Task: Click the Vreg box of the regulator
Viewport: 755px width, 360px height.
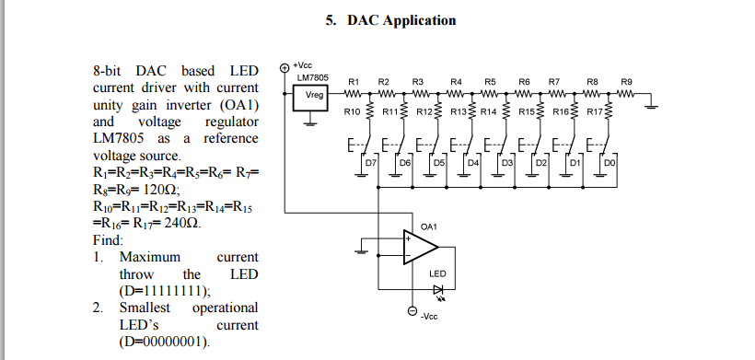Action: pyautogui.click(x=313, y=95)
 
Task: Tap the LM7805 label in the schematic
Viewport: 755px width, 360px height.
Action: pyautogui.click(x=313, y=77)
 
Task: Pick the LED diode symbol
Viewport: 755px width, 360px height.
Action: pyautogui.click(x=437, y=289)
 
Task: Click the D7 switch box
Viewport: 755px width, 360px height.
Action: pyautogui.click(x=371, y=163)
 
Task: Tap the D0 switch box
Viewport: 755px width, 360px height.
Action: pyautogui.click(x=609, y=163)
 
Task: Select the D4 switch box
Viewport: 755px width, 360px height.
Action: pyautogui.click(x=472, y=163)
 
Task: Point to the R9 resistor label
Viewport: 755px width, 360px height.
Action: pyautogui.click(x=627, y=82)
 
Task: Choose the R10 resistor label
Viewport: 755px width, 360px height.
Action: pyautogui.click(x=351, y=111)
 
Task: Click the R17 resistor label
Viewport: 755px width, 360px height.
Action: pyautogui.click(x=594, y=111)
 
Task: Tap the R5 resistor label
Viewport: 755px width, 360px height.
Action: pyautogui.click(x=490, y=82)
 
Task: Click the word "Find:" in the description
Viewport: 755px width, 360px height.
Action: pyautogui.click(x=109, y=240)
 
